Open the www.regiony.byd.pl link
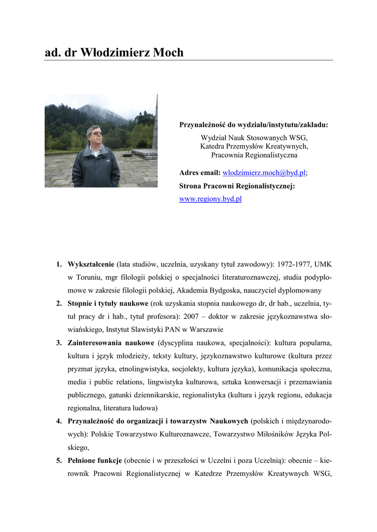click(x=210, y=198)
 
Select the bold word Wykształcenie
click(x=91, y=264)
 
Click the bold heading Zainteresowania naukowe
click(x=111, y=343)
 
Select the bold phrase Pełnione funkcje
click(x=95, y=460)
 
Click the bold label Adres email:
click(x=200, y=172)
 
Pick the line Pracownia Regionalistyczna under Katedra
click(x=254, y=155)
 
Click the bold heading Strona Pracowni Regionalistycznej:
click(x=237, y=185)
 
